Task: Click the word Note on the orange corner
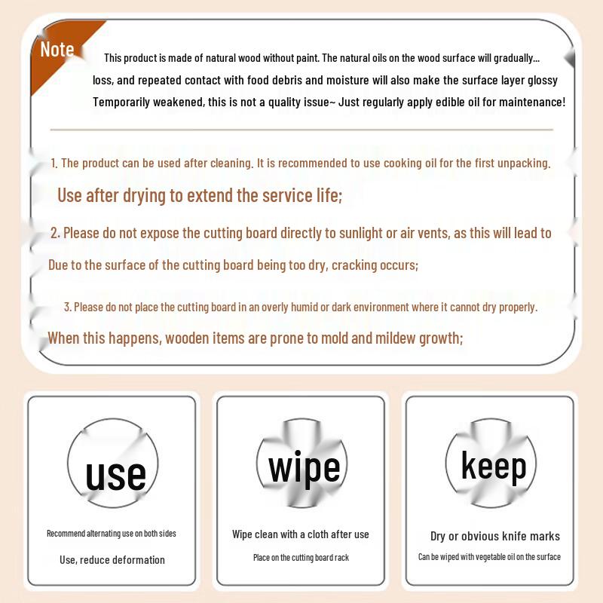coord(57,50)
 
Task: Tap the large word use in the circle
coord(115,476)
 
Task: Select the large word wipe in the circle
coord(305,467)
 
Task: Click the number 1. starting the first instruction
coord(54,163)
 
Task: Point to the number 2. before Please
coord(55,233)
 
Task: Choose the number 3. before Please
coord(68,307)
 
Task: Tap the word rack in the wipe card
coord(342,558)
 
